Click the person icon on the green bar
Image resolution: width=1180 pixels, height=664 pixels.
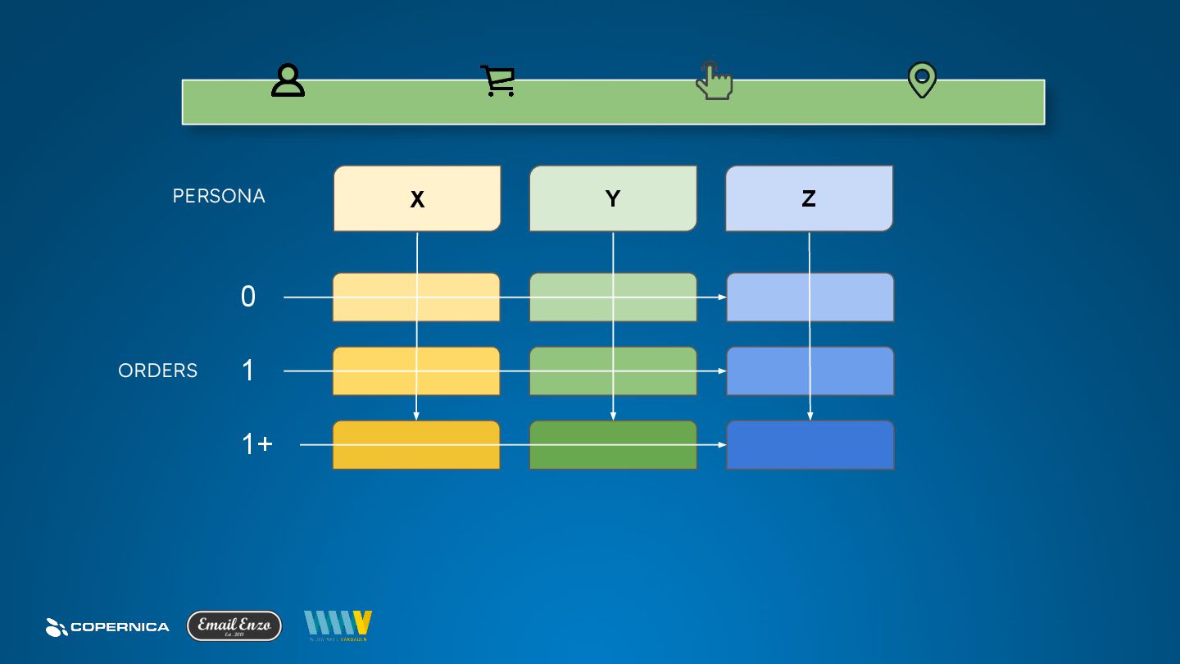(288, 80)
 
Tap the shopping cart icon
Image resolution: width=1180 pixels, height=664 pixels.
(497, 81)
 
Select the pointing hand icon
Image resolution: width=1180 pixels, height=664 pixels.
(714, 80)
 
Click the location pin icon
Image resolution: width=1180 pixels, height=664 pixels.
(922, 80)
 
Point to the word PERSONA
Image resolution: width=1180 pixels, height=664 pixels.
(219, 197)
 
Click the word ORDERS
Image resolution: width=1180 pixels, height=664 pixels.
(158, 371)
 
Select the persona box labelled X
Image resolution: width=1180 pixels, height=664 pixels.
(417, 198)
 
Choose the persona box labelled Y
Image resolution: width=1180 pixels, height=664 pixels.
(613, 198)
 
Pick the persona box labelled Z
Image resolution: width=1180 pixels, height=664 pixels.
(809, 198)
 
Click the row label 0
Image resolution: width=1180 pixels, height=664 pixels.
(248, 297)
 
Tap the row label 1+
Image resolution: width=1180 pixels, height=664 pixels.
(257, 444)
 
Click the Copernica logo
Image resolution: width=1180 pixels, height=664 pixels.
(107, 627)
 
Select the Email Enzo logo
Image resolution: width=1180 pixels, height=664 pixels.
(234, 625)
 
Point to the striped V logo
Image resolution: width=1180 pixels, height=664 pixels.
(338, 625)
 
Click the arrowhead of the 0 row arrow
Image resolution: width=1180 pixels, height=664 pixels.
(723, 297)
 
